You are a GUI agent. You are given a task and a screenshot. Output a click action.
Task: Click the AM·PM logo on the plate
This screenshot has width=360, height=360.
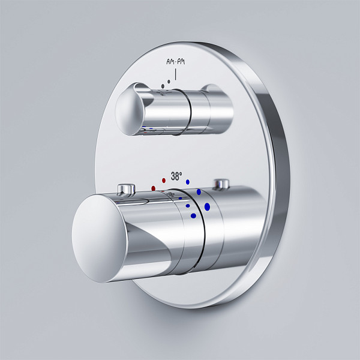click(x=176, y=62)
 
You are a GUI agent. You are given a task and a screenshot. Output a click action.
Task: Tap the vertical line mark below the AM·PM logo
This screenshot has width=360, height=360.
click(x=176, y=74)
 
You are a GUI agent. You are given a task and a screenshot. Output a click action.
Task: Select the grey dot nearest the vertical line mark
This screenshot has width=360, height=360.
click(x=169, y=82)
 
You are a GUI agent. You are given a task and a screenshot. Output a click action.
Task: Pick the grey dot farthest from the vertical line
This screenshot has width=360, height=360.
click(x=163, y=86)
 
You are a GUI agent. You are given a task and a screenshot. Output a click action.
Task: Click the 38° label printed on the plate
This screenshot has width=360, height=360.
click(x=176, y=176)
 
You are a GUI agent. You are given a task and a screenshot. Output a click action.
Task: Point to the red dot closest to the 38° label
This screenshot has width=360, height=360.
click(x=164, y=181)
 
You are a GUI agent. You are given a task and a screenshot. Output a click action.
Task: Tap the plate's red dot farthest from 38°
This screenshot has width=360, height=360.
click(x=154, y=188)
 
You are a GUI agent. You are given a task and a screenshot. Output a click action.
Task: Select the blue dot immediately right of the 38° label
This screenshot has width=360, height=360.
click(x=188, y=182)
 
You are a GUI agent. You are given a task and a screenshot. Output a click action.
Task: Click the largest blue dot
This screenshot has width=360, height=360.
click(x=208, y=206)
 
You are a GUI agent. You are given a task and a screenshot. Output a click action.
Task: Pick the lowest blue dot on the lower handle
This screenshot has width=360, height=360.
click(x=193, y=216)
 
